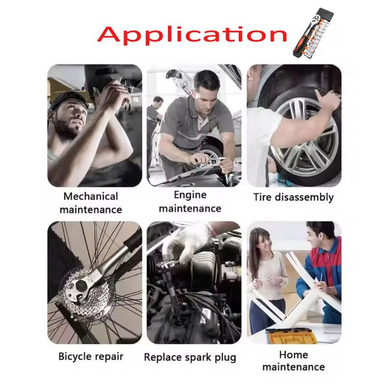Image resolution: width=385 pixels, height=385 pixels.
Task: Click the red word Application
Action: click(192, 35)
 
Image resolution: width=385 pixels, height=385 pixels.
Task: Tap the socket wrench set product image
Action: click(313, 33)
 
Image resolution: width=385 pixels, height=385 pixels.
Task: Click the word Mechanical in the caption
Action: click(90, 196)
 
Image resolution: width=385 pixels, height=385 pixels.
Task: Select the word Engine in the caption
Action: click(190, 195)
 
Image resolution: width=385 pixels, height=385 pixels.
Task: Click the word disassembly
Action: click(304, 197)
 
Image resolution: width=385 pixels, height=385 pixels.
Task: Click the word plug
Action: click(225, 358)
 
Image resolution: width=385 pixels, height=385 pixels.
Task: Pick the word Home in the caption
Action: click(294, 355)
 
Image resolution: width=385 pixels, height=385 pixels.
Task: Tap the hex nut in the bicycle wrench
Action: click(81, 286)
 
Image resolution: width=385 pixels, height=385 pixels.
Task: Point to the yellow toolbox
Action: click(291, 335)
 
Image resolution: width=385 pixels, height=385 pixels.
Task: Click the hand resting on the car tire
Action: click(328, 99)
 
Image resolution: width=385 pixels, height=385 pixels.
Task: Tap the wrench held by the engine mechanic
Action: click(212, 160)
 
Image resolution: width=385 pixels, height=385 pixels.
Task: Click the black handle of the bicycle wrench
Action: click(134, 241)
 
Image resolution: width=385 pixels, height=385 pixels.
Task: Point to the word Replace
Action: click(163, 358)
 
